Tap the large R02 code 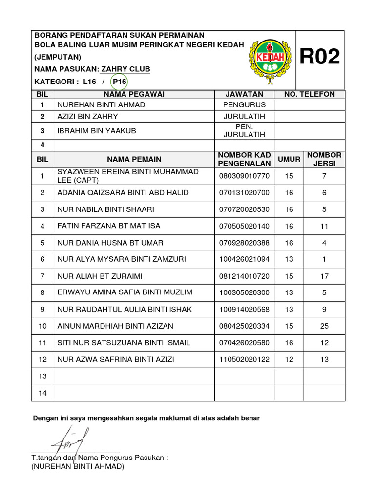[320, 57]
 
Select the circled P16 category [119, 82]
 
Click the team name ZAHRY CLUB [125, 69]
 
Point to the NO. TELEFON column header [310, 94]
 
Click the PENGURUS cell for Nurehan [244, 105]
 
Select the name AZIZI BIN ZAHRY [88, 117]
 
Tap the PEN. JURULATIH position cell [244, 130]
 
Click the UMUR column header [289, 159]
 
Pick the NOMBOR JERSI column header [324, 159]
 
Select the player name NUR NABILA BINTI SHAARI [106, 209]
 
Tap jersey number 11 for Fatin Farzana [324, 226]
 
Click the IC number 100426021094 [244, 259]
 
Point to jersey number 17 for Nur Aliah [324, 276]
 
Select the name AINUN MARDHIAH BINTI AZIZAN [116, 326]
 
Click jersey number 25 [324, 326]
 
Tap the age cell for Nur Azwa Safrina [289, 359]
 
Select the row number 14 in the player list [42, 393]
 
